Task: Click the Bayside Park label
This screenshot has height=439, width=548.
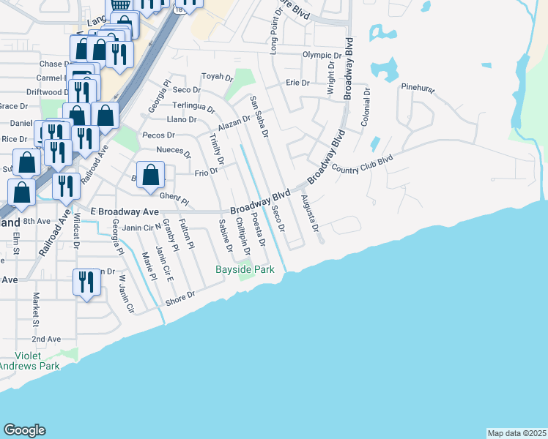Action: pos(245,270)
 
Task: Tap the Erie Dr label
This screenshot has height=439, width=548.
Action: pos(297,83)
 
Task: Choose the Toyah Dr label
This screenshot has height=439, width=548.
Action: pos(217,77)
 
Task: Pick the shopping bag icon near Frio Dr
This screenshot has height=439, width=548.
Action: pos(151,176)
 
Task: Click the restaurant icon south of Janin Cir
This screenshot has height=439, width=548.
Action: pos(86,282)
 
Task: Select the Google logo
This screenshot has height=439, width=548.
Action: pos(24,430)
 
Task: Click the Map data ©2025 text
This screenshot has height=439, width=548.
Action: pos(516,433)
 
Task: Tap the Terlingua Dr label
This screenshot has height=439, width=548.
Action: pos(194,107)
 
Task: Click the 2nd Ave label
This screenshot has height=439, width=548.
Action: pos(45,339)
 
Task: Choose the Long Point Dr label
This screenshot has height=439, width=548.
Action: pos(273,34)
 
